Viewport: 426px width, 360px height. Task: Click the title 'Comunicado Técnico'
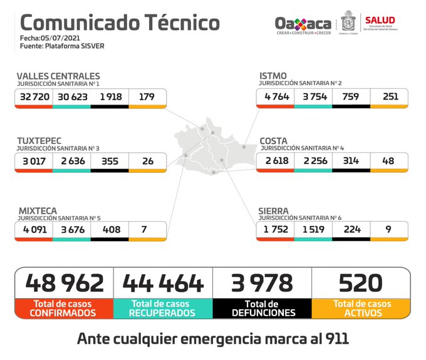coord(120,23)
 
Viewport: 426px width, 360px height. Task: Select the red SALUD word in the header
coord(380,21)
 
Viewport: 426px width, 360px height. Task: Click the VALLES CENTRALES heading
coord(58,76)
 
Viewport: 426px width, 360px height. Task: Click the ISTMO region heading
coord(274,76)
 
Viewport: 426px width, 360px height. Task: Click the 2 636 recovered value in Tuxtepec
coord(71,161)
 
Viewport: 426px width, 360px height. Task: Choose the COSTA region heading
coord(274,141)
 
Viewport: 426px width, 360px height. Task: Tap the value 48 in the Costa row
coord(389,161)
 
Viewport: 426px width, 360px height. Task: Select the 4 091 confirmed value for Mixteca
coord(34,230)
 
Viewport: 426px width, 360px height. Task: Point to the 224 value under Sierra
coord(351,230)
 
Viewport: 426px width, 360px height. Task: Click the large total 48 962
coord(65,283)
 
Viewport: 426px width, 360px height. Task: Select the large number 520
coord(361,283)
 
